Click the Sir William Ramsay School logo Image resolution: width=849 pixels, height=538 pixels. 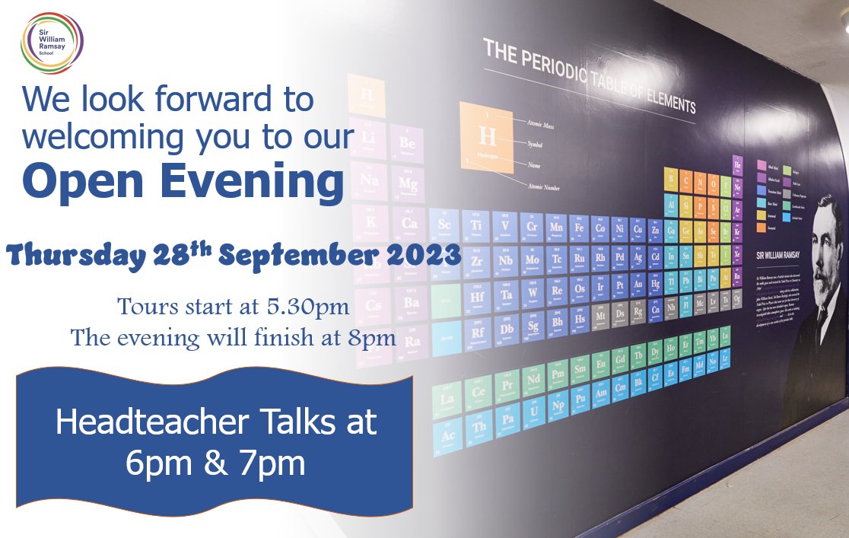[52, 43]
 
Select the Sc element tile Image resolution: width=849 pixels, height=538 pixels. [444, 224]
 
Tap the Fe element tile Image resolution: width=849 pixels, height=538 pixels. [580, 227]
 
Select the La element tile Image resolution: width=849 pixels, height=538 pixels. [447, 397]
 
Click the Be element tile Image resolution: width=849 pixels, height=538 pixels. [407, 142]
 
